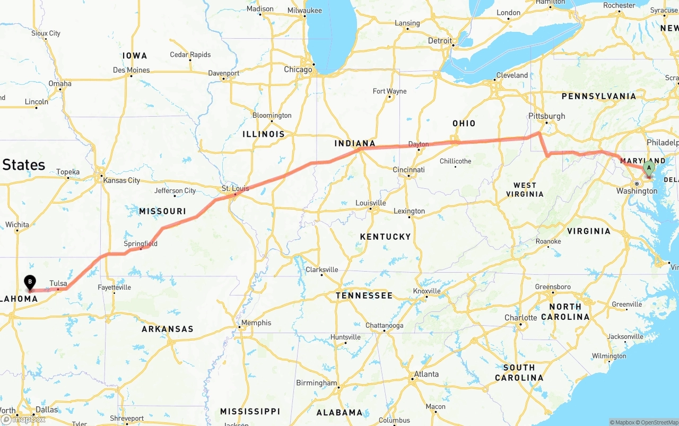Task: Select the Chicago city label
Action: tap(298, 69)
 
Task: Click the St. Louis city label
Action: tap(235, 188)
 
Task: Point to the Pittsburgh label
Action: tap(546, 116)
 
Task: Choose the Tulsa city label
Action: tap(58, 283)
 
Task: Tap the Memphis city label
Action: tap(256, 323)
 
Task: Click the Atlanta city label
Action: tap(426, 374)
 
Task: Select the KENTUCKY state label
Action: tap(385, 237)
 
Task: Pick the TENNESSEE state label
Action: tap(364, 295)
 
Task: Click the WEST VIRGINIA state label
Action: tap(525, 189)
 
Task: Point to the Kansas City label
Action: tap(121, 180)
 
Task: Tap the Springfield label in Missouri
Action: tap(141, 244)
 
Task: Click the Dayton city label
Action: tap(419, 144)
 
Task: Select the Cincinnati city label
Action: tap(409, 170)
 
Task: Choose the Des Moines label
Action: tap(132, 70)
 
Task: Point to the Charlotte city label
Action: tap(520, 318)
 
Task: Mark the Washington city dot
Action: tap(637, 184)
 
